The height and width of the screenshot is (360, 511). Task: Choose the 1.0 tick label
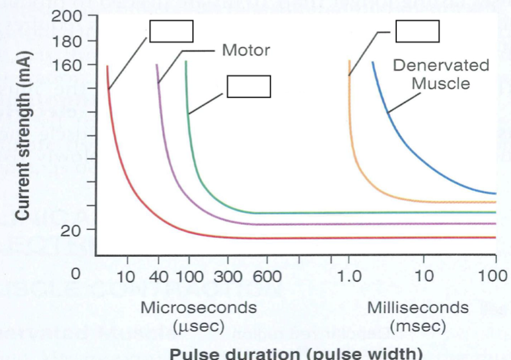(x=349, y=275)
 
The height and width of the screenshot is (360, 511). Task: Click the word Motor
(x=246, y=50)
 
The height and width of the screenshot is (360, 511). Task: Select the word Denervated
(x=441, y=65)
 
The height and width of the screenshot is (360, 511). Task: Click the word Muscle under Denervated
(x=441, y=82)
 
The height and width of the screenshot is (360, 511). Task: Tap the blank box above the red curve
(x=171, y=31)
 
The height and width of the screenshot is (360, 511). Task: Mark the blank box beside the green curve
(x=248, y=86)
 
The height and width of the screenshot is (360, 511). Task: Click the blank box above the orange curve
(x=418, y=31)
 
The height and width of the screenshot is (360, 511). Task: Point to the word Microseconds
(x=199, y=308)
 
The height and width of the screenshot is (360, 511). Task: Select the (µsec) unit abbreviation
(x=199, y=326)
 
